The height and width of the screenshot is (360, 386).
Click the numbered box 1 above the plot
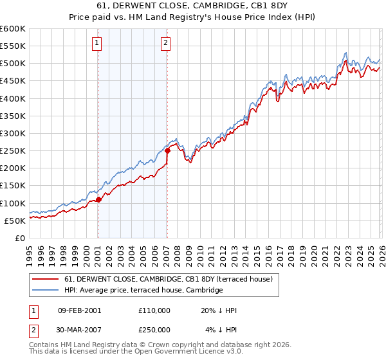(97, 43)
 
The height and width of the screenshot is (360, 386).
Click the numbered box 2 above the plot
(165, 43)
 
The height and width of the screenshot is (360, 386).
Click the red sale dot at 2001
(98, 199)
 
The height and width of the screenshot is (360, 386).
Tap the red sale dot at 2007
(167, 151)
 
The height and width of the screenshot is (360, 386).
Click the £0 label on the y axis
(21, 238)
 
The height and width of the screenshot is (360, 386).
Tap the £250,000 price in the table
(154, 330)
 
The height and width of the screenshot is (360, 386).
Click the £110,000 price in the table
(154, 310)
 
